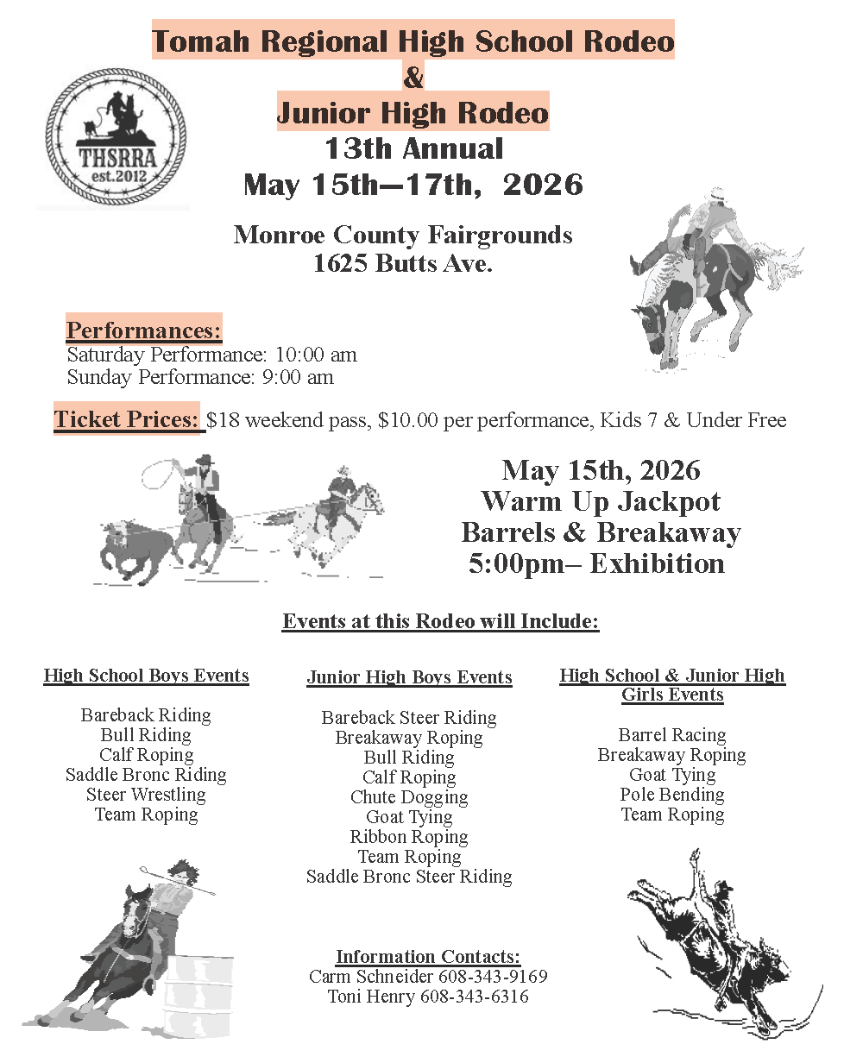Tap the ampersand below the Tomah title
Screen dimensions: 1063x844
click(x=413, y=78)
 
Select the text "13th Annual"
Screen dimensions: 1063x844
click(x=413, y=148)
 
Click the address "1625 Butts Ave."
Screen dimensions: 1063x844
click(x=402, y=264)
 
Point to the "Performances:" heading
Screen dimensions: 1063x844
click(x=144, y=330)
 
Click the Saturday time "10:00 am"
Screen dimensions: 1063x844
click(x=316, y=355)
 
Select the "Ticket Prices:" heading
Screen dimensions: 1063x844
click(x=127, y=419)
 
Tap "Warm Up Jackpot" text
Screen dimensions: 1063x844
click(x=601, y=501)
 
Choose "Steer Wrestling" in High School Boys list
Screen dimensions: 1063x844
click(x=146, y=795)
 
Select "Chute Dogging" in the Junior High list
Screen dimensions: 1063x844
click(x=409, y=797)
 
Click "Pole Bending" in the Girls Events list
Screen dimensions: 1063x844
click(x=672, y=795)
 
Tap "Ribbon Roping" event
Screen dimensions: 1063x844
click(x=409, y=837)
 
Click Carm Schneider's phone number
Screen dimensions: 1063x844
click(x=493, y=977)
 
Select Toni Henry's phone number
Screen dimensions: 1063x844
click(x=474, y=997)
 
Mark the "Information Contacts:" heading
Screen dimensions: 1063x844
click(x=428, y=956)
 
